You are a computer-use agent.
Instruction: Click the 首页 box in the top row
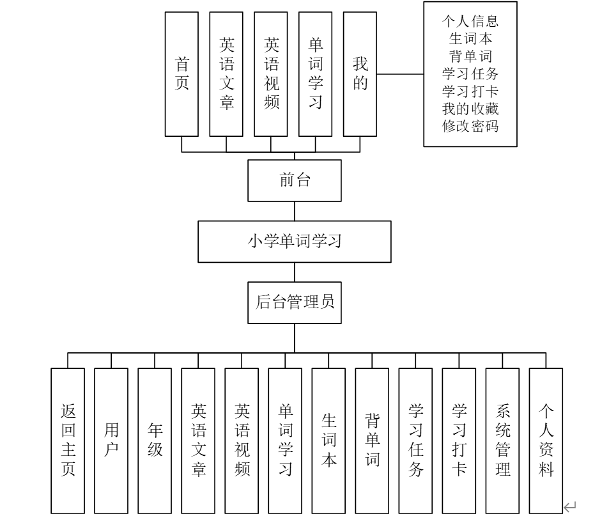pos(181,74)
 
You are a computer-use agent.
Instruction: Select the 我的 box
pos(360,74)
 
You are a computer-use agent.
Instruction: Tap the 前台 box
pos(295,181)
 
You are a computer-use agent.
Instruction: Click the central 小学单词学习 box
pos(295,242)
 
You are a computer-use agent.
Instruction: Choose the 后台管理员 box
pos(295,302)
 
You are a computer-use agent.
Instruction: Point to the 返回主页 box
pos(68,441)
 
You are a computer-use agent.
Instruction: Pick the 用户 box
pos(111,441)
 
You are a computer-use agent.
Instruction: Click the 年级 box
pos(155,441)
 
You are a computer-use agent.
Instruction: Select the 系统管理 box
pos(502,441)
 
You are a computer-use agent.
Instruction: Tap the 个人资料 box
pos(546,441)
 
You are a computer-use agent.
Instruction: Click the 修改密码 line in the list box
pos(470,126)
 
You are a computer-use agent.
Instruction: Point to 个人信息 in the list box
pos(470,21)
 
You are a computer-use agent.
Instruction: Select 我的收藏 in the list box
pos(470,109)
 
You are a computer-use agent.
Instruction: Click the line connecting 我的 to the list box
pos(400,74)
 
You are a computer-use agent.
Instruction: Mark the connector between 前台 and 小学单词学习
pos(295,212)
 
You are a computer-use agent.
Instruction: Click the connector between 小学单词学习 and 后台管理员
pos(295,272)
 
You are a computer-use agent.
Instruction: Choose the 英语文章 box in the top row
pos(226,74)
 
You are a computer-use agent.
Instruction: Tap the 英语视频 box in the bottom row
pos(242,441)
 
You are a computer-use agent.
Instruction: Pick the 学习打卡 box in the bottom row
pos(459,441)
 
